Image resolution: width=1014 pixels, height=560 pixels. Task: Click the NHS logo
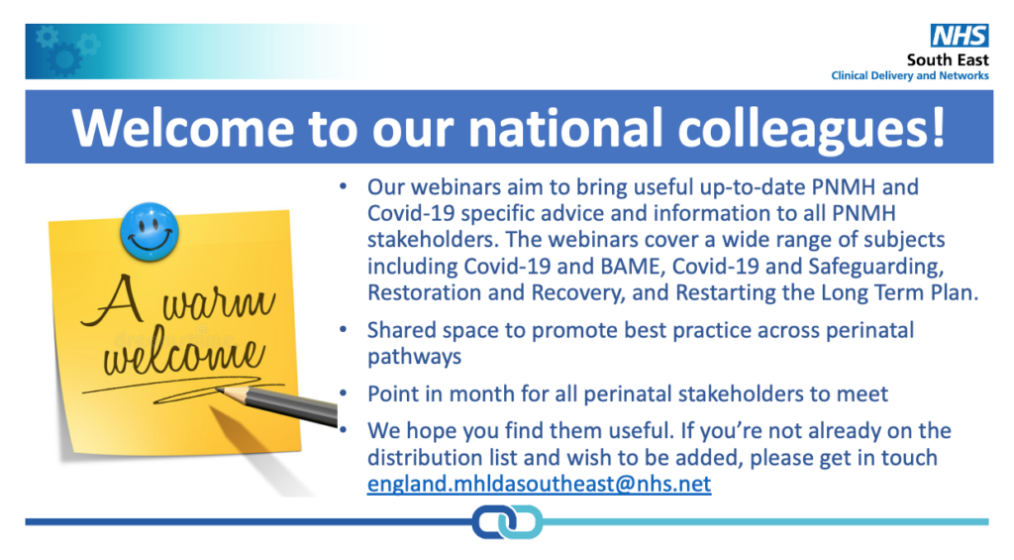pos(959,36)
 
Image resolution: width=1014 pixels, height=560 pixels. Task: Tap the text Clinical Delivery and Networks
pos(909,76)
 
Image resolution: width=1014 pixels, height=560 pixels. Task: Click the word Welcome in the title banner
pos(180,128)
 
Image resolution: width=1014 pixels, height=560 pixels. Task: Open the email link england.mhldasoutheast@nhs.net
pos(539,485)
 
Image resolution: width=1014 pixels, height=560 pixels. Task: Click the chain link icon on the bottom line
pos(507,521)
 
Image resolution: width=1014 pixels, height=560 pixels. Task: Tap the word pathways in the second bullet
pos(414,355)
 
